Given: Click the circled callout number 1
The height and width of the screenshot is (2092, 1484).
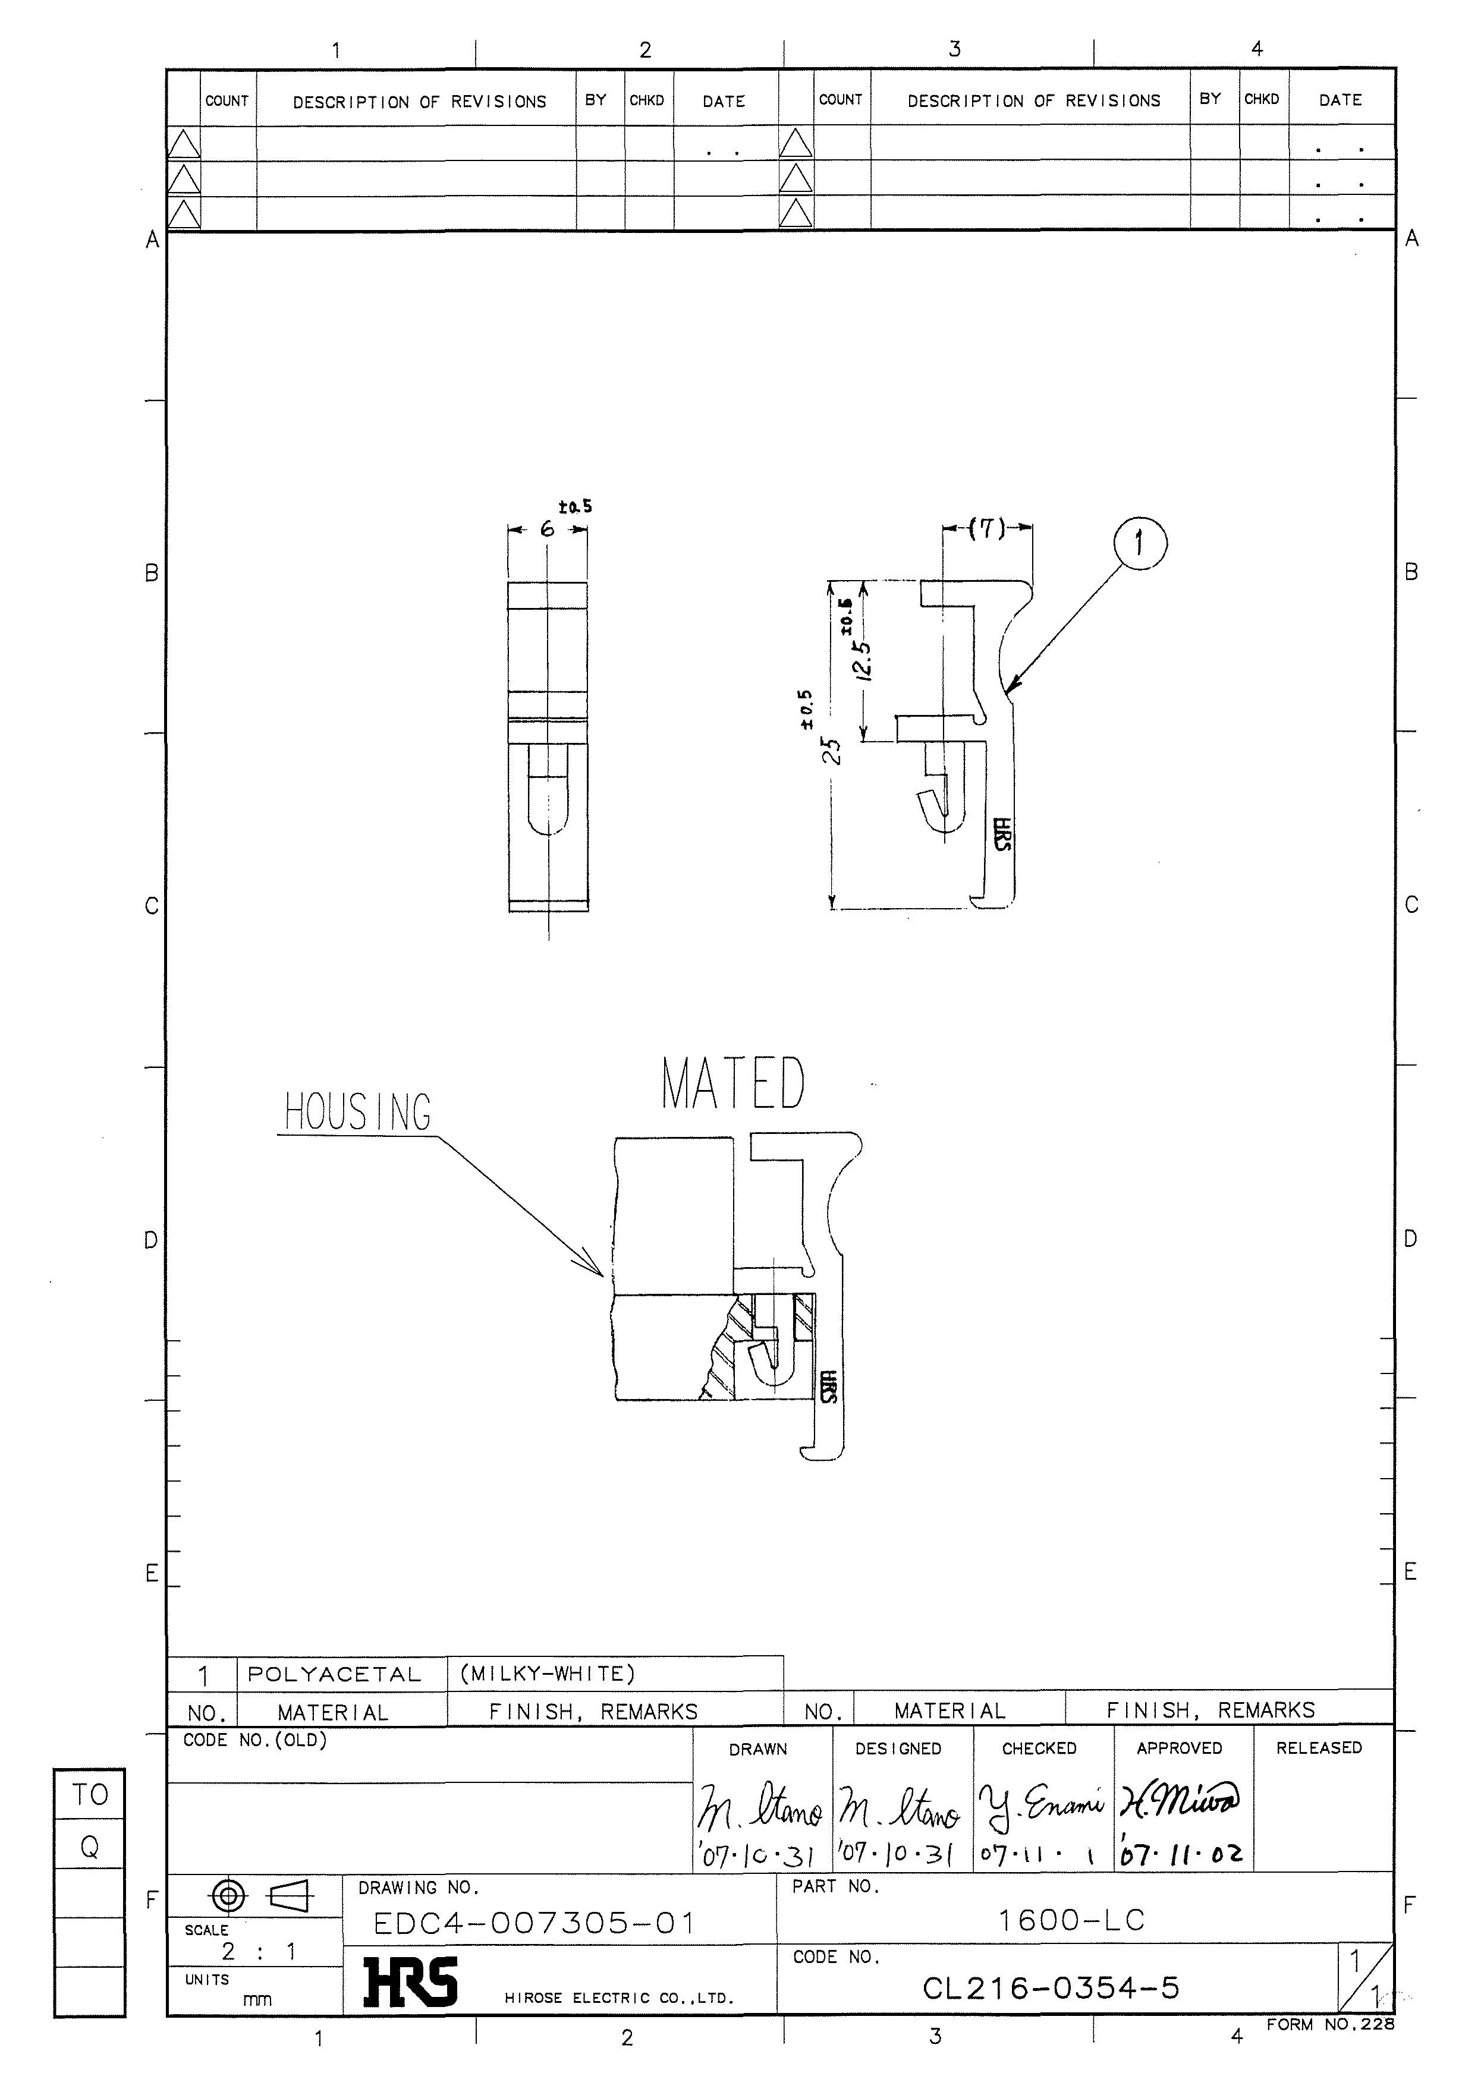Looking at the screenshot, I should [x=1140, y=544].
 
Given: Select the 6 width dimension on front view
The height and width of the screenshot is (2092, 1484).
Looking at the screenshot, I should [x=548, y=529].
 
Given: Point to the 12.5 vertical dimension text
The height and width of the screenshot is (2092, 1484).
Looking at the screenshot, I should [x=863, y=660].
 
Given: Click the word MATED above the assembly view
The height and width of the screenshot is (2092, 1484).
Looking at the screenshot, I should [x=733, y=1085].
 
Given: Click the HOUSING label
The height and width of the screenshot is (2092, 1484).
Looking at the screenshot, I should [x=357, y=1112].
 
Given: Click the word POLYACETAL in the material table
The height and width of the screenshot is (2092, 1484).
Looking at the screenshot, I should [x=335, y=1675].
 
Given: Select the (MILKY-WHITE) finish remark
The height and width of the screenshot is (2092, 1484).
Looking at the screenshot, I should [x=546, y=1674].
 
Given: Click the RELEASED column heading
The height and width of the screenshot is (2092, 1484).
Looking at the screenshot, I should [x=1319, y=1748].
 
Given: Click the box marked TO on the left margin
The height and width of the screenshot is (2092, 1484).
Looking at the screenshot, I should [x=90, y=1794].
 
